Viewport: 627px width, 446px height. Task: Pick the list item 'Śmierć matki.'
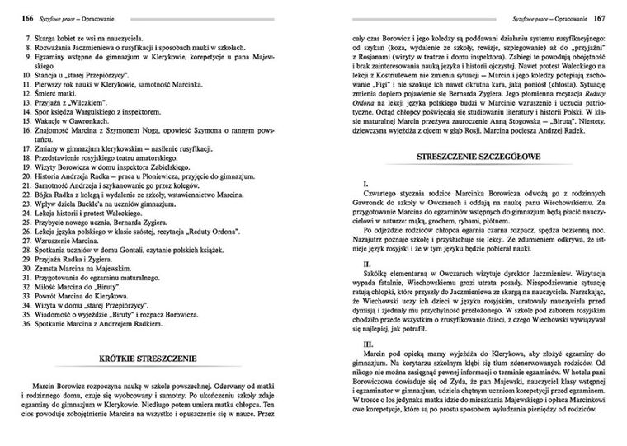pos(57,95)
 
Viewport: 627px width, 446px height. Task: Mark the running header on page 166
pos(65,16)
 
